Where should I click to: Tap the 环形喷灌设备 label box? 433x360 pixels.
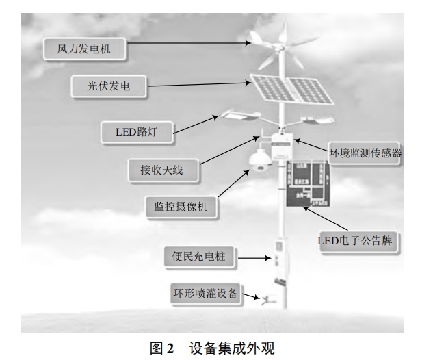205,294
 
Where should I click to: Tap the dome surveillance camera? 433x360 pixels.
259,161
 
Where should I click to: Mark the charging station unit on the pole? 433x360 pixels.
280,255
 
